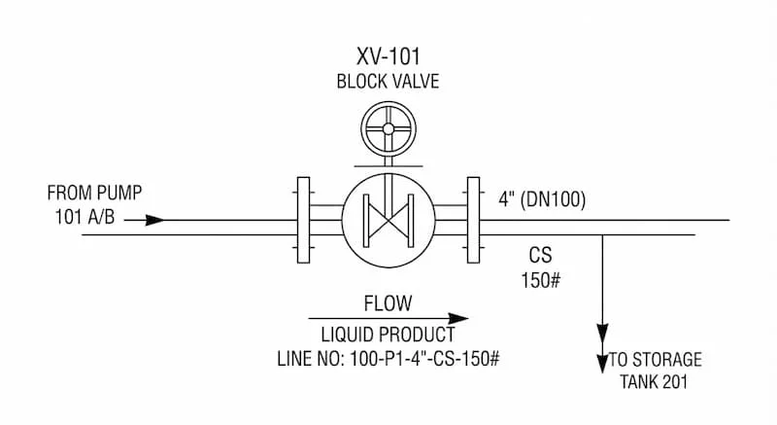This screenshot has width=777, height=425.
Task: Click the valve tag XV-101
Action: tap(388, 56)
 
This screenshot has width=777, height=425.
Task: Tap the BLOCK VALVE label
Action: tap(388, 82)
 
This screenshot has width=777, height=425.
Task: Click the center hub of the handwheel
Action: tap(388, 129)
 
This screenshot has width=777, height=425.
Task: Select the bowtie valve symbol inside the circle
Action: tap(388, 220)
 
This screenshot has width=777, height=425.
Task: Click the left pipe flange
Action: tap(303, 220)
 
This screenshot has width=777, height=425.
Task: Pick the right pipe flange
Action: tap(473, 220)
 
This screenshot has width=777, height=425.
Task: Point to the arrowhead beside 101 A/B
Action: tap(154, 220)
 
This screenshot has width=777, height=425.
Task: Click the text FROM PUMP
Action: tap(94, 193)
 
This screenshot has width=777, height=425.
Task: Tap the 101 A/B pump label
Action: tap(84, 217)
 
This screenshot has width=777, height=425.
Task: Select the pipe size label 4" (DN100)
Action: tap(542, 199)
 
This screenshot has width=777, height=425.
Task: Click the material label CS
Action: tap(540, 255)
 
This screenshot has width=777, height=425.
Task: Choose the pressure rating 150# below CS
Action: tap(541, 280)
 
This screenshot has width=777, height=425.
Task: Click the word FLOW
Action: tap(388, 303)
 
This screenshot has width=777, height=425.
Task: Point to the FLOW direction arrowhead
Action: tap(458, 318)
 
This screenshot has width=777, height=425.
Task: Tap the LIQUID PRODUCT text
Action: tap(388, 335)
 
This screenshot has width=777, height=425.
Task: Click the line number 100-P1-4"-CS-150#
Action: tap(424, 359)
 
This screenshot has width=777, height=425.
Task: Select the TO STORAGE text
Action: tap(655, 359)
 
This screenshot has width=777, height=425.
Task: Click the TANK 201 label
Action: tap(654, 382)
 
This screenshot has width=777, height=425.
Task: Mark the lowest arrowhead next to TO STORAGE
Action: tap(602, 364)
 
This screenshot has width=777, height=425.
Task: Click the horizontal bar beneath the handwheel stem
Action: tap(388, 166)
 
